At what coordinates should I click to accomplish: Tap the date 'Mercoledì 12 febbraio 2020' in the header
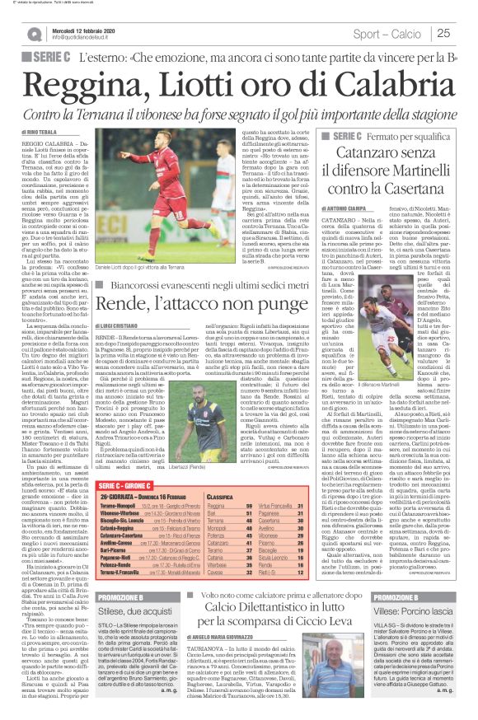(x=86, y=29)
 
